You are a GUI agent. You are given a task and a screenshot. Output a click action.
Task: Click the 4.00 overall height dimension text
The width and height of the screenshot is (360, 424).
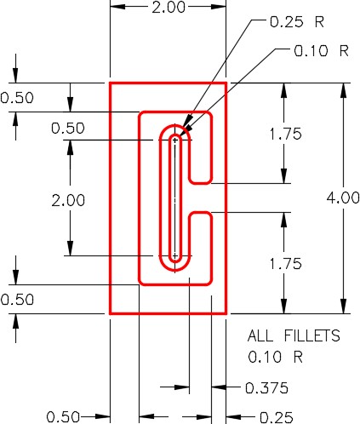pyautogui.click(x=343, y=198)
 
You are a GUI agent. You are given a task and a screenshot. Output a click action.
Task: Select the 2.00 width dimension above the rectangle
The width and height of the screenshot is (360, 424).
pyautogui.click(x=169, y=8)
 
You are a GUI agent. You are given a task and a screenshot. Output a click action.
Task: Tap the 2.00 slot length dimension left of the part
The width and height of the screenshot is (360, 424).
pyautogui.click(x=68, y=200)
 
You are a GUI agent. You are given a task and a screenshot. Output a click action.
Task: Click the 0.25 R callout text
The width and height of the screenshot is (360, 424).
pyautogui.click(x=297, y=22)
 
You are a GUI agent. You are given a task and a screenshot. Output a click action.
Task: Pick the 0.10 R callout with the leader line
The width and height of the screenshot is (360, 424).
pyautogui.click(x=321, y=51)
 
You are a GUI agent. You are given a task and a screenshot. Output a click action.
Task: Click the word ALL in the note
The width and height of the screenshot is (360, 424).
pyautogui.click(x=260, y=335)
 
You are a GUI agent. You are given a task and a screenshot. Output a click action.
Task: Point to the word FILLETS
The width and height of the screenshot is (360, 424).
pyautogui.click(x=312, y=335)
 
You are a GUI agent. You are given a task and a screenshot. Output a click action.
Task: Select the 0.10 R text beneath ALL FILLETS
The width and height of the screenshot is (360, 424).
pyautogui.click(x=275, y=357)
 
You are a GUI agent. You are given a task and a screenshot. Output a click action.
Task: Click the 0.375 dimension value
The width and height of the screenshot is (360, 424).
pyautogui.click(x=266, y=388)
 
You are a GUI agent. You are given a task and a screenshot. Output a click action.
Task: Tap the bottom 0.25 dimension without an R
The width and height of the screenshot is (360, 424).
pyautogui.click(x=277, y=417)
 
